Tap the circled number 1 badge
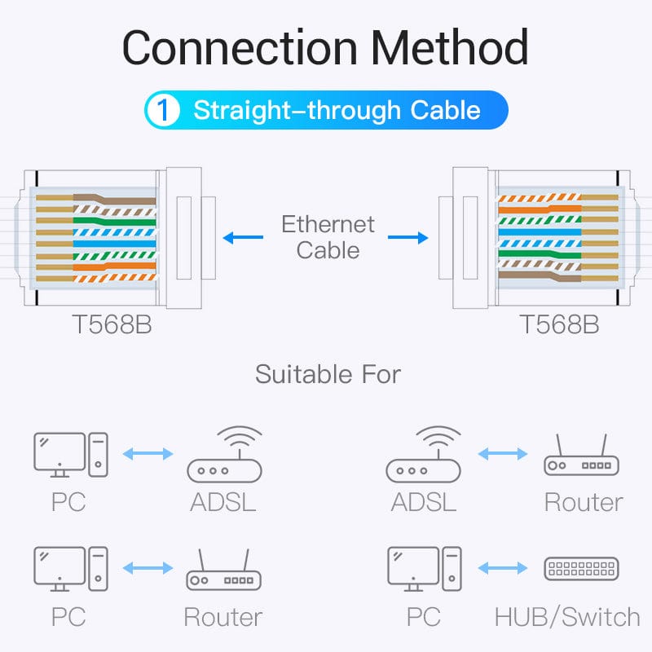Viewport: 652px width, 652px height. [164, 111]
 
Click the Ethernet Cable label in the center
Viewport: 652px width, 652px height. [328, 236]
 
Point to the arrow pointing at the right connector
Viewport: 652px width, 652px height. [407, 238]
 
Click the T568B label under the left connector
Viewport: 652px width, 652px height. [112, 324]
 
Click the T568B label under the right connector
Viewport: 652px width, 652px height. [559, 324]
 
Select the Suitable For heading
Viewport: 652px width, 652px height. [328, 375]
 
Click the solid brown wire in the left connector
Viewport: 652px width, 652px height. [122, 200]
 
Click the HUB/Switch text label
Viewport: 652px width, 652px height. [567, 617]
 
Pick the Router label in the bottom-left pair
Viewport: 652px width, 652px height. [222, 617]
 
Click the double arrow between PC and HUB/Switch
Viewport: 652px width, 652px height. [503, 568]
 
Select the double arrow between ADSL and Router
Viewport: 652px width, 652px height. [503, 453]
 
